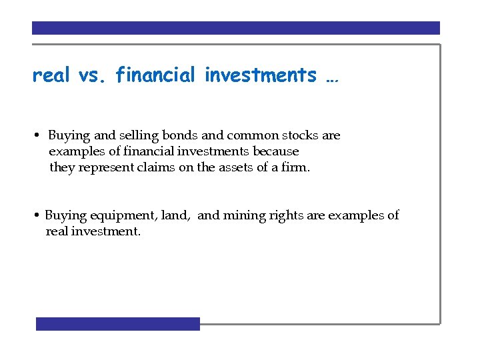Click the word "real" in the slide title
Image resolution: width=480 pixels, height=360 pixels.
51,76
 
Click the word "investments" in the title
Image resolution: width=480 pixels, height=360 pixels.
261,76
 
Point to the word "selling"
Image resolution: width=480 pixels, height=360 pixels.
137,136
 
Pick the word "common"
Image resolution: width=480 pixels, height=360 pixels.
248,135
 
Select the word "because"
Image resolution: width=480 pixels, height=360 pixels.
275,151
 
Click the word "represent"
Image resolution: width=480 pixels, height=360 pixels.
106,168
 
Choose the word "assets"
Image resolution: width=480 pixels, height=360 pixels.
234,168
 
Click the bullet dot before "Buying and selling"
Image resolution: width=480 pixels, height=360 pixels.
40,136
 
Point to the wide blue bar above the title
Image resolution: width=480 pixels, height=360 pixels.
236,28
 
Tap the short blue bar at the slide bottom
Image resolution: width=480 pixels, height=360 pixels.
118,324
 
